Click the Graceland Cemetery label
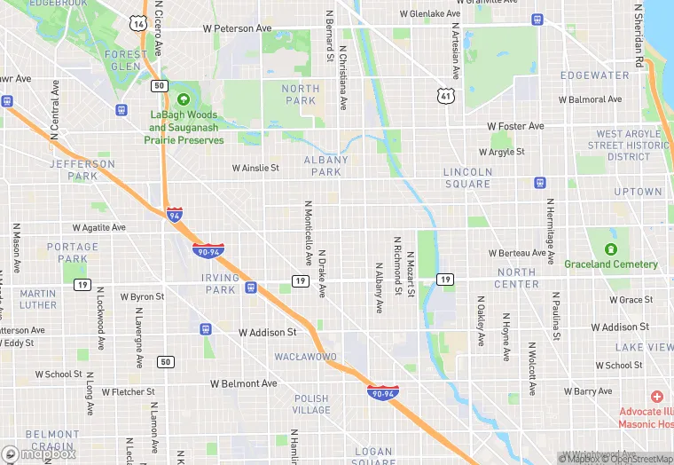point(611,264)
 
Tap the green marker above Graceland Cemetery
point(611,249)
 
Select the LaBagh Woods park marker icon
point(184,99)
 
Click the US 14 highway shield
point(137,23)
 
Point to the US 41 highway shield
point(444,94)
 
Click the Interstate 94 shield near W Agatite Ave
point(175,214)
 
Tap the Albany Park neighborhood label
point(326,166)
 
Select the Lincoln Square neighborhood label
point(467,178)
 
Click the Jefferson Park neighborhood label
point(82,169)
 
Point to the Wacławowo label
point(305,357)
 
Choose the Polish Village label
point(311,405)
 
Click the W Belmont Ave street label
point(243,383)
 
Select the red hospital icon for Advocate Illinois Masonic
point(656,397)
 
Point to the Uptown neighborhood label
point(639,192)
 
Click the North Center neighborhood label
point(517,279)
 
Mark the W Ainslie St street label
point(255,168)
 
